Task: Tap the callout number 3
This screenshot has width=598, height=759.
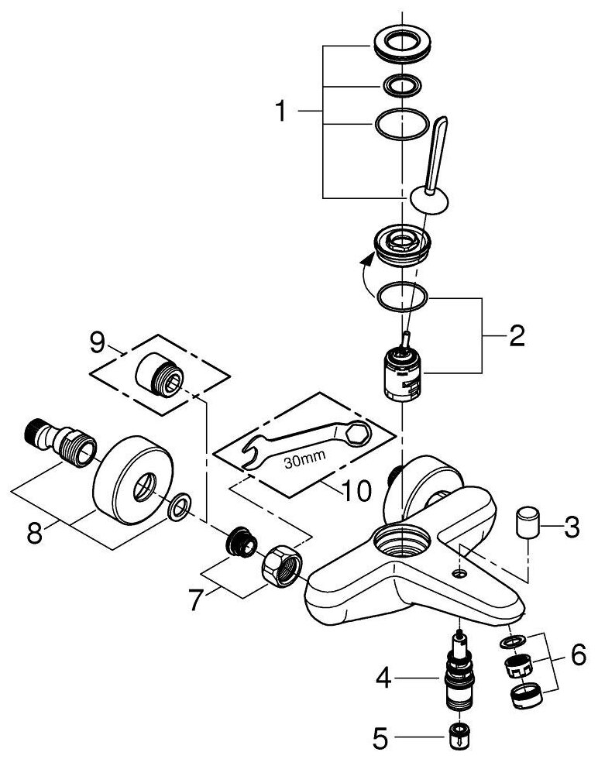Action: tap(571, 529)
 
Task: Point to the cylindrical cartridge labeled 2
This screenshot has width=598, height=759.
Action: tap(404, 375)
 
